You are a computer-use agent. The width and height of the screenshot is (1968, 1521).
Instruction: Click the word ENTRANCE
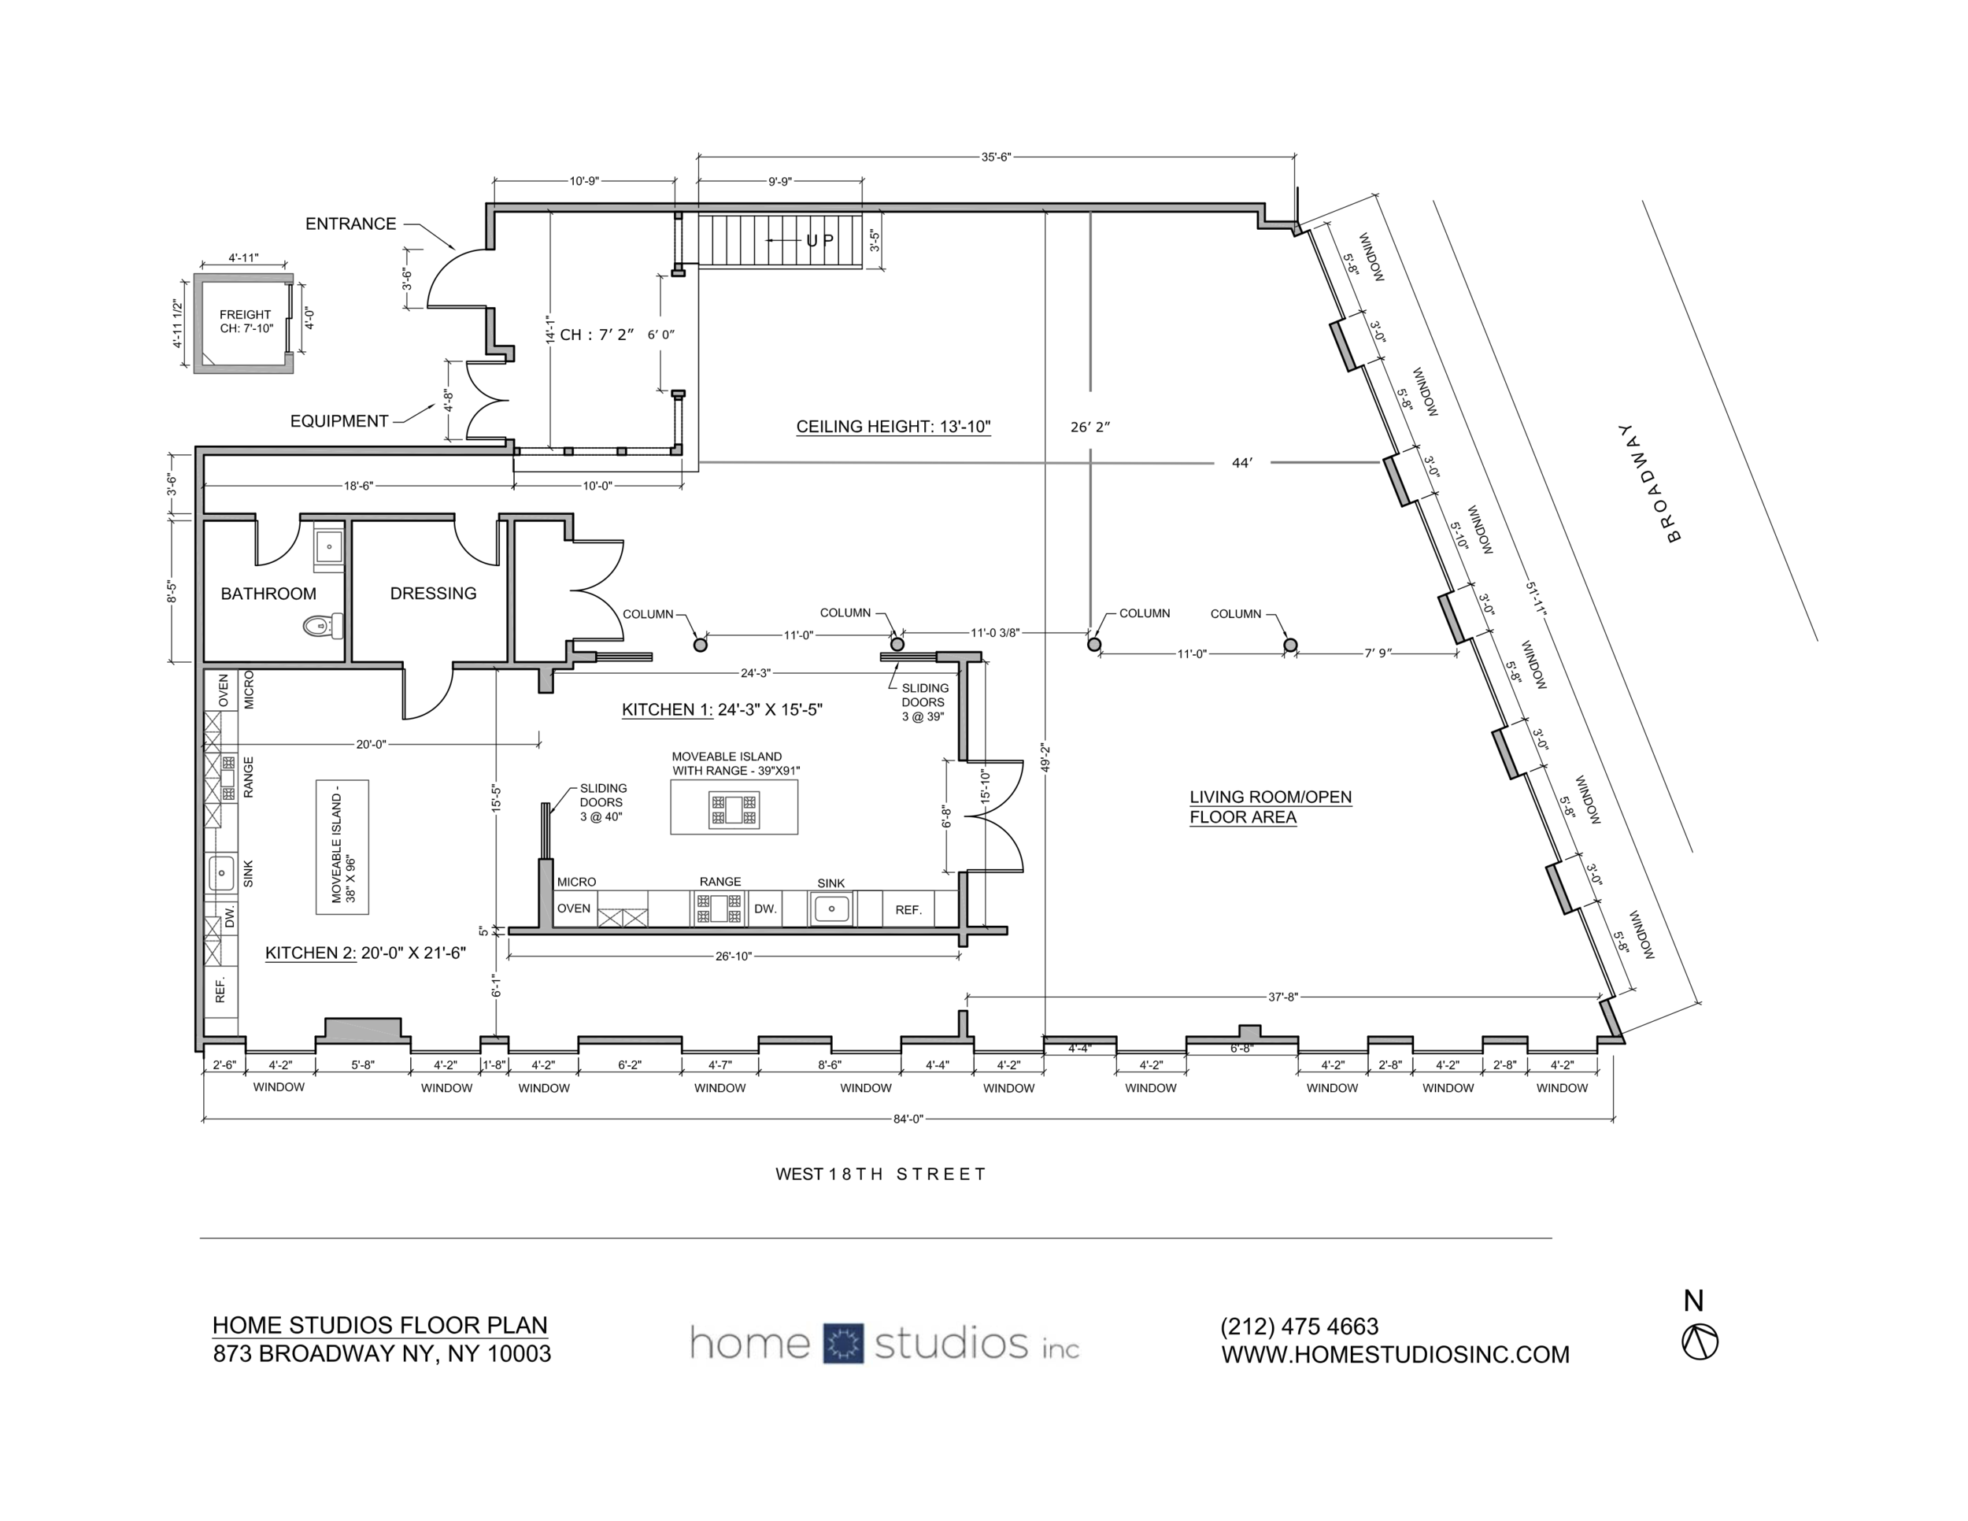click(350, 224)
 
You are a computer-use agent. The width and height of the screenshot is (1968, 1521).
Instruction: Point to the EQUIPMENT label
click(338, 421)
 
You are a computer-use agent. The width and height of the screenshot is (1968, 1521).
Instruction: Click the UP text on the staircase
click(820, 241)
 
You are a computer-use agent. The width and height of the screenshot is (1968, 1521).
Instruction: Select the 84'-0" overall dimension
click(908, 1119)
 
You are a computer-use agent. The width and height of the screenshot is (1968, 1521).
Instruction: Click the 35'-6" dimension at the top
click(996, 157)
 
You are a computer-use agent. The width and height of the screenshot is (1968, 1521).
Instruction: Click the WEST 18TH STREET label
click(880, 1174)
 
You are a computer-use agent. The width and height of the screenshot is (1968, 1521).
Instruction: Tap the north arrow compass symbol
click(1700, 1342)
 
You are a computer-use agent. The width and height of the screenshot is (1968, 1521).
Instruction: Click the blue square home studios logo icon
click(842, 1344)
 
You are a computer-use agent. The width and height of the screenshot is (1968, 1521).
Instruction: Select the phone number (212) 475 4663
click(1300, 1327)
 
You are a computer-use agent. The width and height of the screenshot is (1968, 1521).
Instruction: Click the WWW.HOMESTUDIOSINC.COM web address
click(1395, 1355)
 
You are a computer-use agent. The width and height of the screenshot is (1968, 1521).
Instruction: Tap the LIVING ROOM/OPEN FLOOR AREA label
click(1270, 806)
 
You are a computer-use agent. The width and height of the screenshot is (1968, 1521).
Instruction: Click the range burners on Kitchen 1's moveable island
click(734, 809)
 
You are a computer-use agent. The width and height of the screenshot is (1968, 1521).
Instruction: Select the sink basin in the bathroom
click(329, 546)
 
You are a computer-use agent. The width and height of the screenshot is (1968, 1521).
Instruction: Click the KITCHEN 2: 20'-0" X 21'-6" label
click(365, 953)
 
